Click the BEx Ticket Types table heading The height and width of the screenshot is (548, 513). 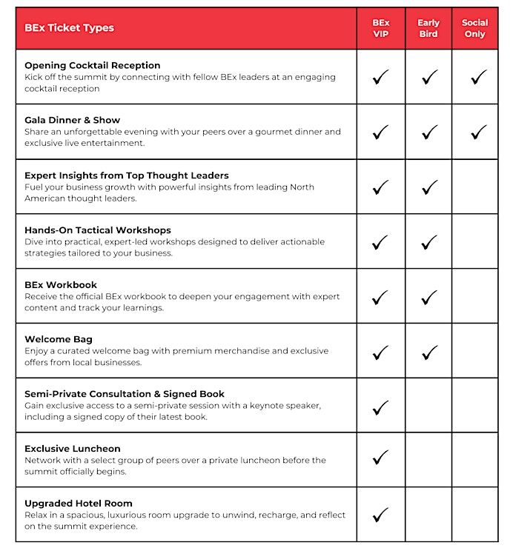pos(69,28)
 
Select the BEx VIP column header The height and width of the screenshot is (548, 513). pos(380,28)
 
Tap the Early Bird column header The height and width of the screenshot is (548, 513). pos(428,28)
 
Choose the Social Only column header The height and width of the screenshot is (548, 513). pos(474,28)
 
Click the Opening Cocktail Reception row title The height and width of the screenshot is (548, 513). pos(92,65)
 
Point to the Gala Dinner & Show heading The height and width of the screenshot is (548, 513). pos(72,120)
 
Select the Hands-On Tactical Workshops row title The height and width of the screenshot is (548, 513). pos(97,230)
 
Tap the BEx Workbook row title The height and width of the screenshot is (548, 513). pos(61,285)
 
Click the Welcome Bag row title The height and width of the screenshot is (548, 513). pos(59,340)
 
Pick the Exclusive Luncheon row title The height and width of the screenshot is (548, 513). pos(72,449)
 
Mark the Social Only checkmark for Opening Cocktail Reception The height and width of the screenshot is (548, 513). pos(479,76)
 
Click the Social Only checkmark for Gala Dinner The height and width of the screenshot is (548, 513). pos(479,132)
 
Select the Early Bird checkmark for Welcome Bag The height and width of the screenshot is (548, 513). pos(429,352)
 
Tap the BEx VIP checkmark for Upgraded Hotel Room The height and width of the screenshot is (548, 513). pos(380,514)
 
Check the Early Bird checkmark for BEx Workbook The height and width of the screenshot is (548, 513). pos(429,297)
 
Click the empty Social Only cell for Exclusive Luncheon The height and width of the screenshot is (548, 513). pos(475,459)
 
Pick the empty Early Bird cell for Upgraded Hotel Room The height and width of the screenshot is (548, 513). pos(428,514)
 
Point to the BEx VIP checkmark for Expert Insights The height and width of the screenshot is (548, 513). pos(380,187)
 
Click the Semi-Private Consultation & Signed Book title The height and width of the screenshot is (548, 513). pos(125,394)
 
